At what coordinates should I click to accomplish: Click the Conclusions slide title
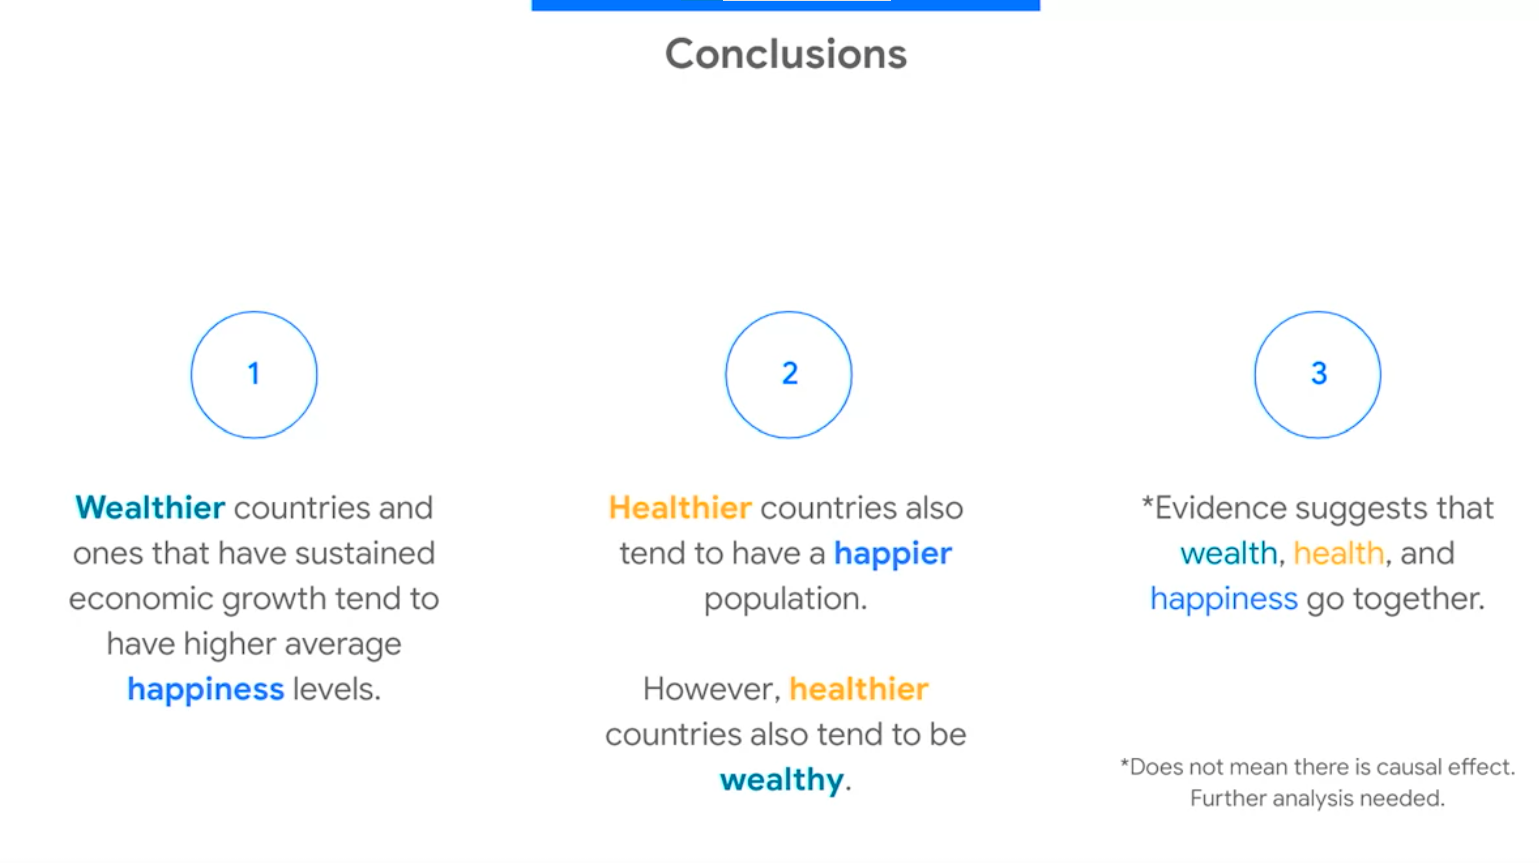(x=786, y=54)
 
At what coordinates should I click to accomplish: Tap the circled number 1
(x=254, y=374)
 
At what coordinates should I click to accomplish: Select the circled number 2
(x=789, y=374)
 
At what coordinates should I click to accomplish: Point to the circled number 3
(x=1317, y=374)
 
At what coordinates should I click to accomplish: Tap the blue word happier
(x=893, y=554)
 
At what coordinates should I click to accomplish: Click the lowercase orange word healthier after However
(x=859, y=689)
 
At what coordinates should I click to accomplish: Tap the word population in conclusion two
(x=785, y=600)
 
